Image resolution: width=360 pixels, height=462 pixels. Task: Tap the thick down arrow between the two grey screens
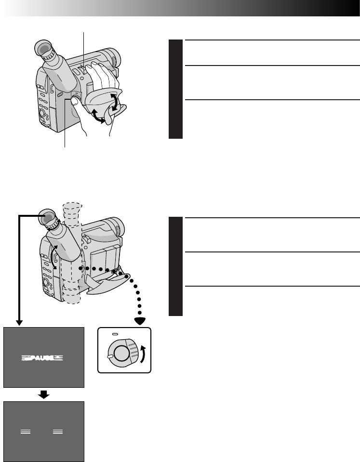[x=44, y=395]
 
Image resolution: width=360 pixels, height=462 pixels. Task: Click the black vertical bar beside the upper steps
[x=175, y=89]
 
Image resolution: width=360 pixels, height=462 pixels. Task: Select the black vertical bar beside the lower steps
[x=175, y=266]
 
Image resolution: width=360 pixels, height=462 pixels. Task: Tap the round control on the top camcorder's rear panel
[x=40, y=114]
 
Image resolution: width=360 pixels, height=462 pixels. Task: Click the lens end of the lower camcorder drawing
[x=115, y=226]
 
